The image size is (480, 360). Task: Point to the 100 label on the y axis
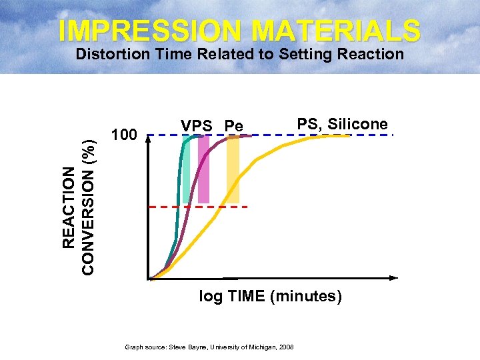point(124,135)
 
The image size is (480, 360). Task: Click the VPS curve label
point(197,126)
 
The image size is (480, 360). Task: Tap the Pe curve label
point(234,126)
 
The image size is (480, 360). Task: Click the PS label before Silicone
point(309,124)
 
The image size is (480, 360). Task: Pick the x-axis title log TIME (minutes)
point(271,297)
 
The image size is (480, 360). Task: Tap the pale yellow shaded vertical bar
point(233,170)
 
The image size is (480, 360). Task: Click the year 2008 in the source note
point(287,347)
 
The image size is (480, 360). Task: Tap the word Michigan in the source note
point(261,347)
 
